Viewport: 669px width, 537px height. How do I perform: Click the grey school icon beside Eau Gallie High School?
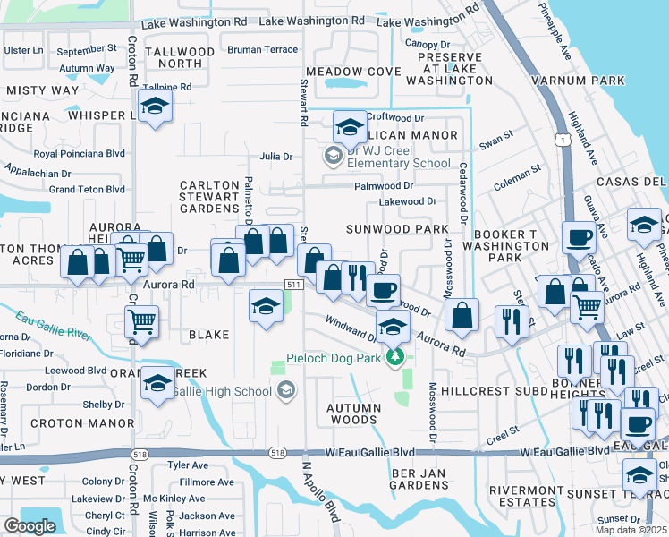285,389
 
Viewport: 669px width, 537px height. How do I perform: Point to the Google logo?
30,526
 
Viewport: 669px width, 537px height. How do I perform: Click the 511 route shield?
292,284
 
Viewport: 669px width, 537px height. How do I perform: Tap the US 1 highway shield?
560,141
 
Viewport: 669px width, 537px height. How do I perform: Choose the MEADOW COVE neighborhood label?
353,71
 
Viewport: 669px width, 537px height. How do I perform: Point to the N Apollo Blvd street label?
319,491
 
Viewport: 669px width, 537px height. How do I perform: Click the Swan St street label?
495,140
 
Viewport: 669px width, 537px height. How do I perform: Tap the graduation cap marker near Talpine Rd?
156,107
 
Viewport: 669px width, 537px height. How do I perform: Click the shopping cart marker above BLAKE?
141,322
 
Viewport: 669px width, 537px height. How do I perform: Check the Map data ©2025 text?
631,530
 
